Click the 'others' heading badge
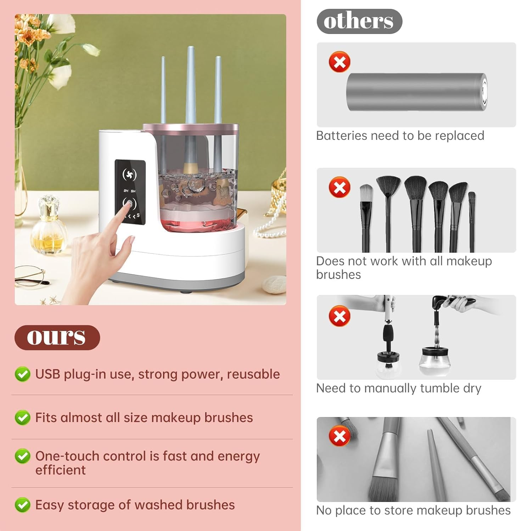click(x=359, y=21)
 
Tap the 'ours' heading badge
click(x=57, y=337)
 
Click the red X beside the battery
click(x=339, y=62)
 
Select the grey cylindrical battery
click(x=416, y=92)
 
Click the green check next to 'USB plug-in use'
click(x=22, y=374)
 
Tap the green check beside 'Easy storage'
click(x=22, y=505)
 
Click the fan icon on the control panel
click(x=129, y=174)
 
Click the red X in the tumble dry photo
click(x=339, y=316)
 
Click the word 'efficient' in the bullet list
click(x=61, y=470)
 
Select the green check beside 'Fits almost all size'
click(x=22, y=418)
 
